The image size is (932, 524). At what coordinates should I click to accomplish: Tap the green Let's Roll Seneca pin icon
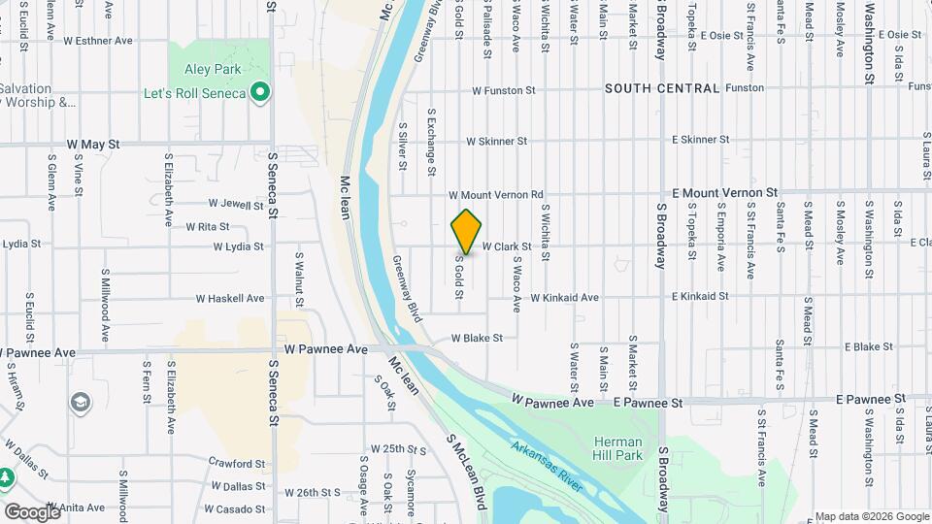coord(259,93)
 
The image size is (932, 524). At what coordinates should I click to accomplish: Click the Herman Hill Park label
coord(618,447)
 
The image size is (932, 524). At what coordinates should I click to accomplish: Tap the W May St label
coord(93,144)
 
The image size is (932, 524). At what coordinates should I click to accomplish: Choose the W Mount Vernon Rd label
coord(495,195)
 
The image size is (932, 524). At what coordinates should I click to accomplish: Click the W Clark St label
coord(506,246)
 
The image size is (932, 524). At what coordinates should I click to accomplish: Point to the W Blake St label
coord(476,339)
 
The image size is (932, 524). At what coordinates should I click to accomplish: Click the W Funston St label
coord(503,90)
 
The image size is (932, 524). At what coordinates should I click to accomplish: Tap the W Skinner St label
coord(496,141)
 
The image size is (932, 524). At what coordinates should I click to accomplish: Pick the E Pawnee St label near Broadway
coord(648,402)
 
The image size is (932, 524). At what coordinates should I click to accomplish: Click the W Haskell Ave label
coord(229,298)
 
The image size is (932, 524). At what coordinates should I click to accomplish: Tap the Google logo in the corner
coord(32,511)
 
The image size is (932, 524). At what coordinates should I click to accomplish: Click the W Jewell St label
coord(236,204)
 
